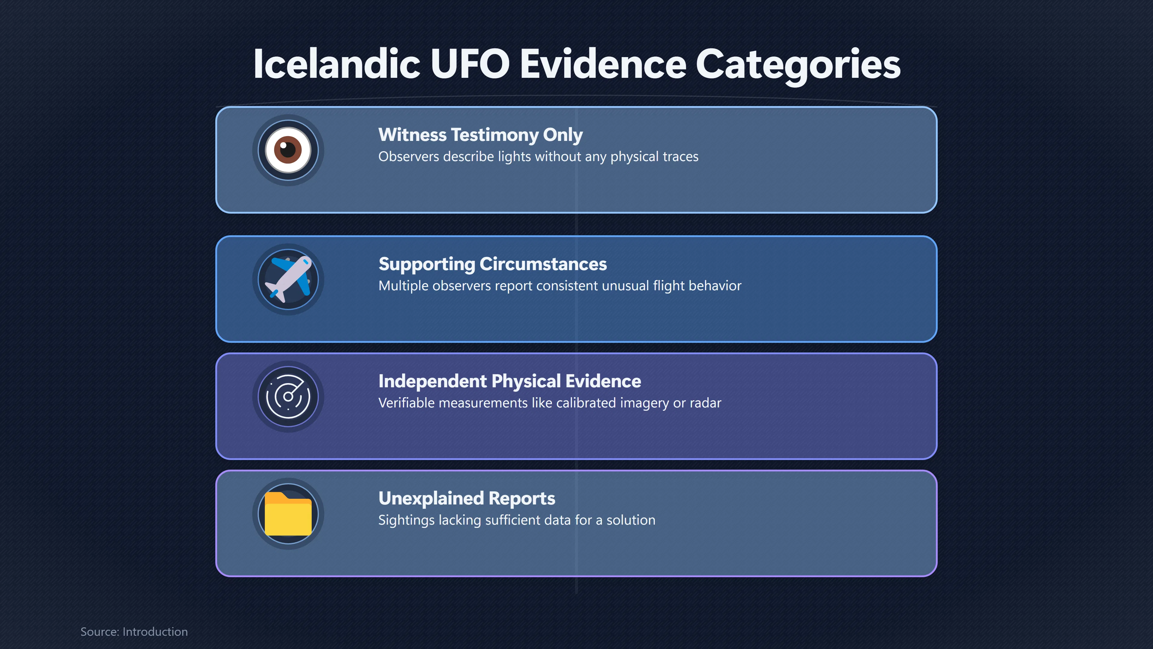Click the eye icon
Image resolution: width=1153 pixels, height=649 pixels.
click(x=288, y=150)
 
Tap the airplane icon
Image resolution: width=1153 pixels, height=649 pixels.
click(x=288, y=279)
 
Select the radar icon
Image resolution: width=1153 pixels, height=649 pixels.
click(x=288, y=396)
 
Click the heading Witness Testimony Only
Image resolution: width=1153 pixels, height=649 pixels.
click(x=480, y=135)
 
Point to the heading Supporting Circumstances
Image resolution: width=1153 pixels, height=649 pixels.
click(x=492, y=264)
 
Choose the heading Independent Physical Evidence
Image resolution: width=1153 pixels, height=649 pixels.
click(x=509, y=381)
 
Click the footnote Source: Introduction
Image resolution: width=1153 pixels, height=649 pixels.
click(x=134, y=632)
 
